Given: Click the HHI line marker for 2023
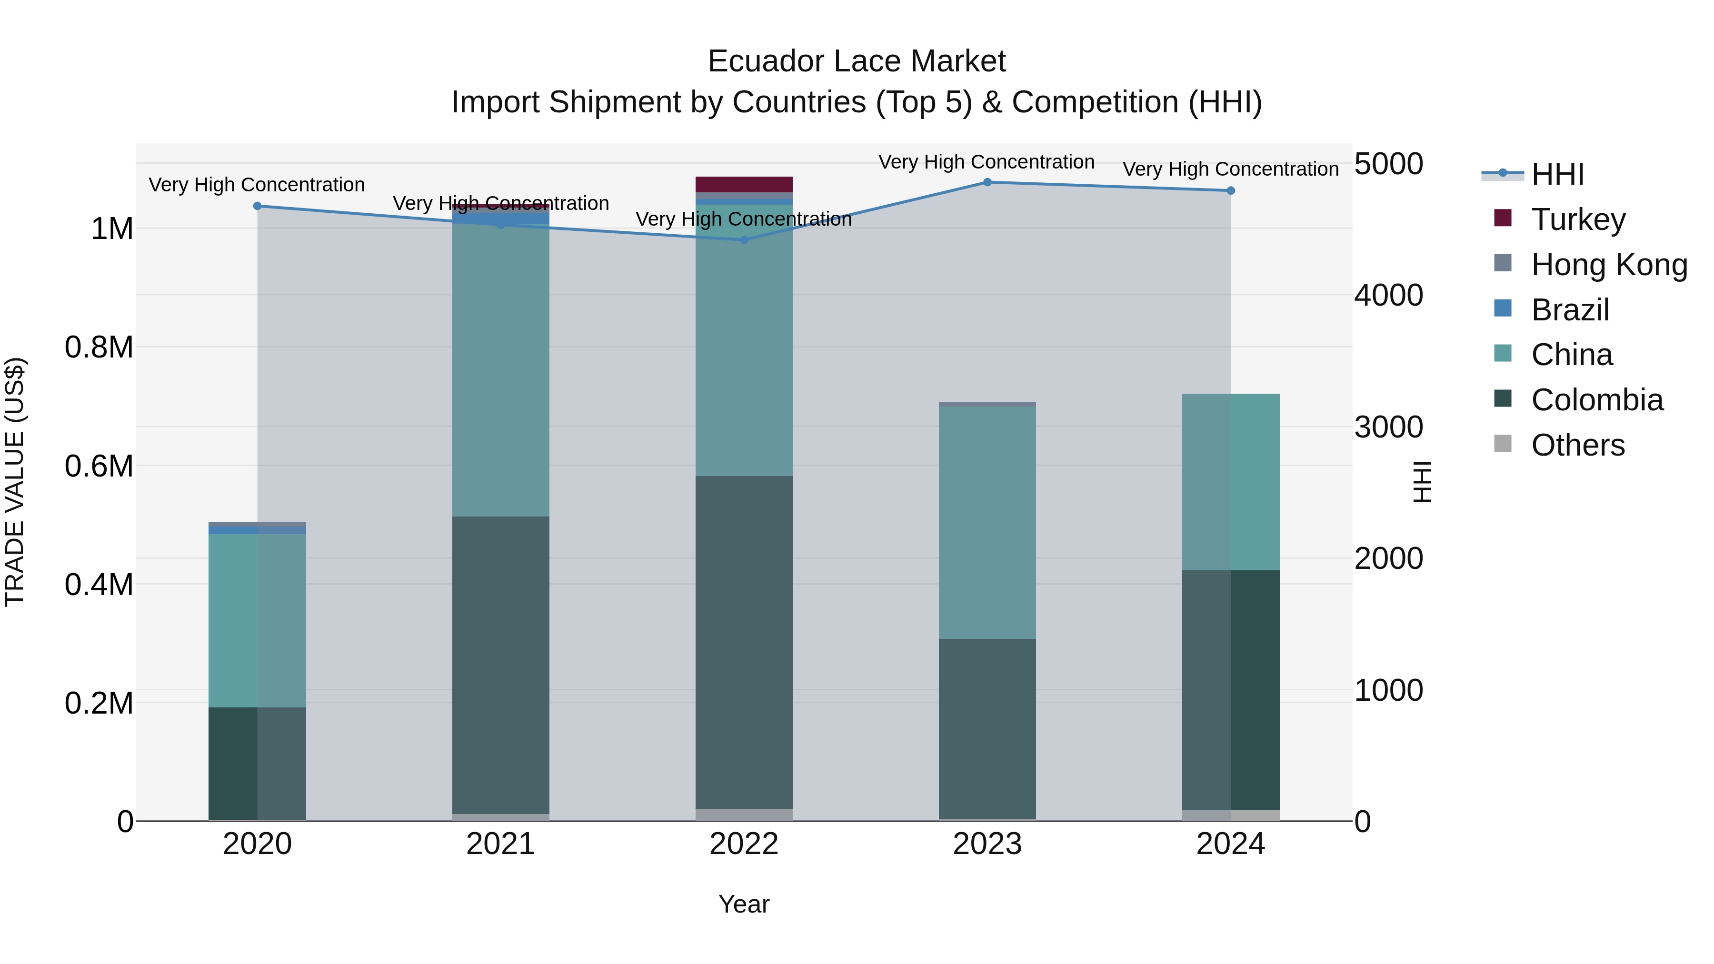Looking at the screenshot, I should click(987, 182).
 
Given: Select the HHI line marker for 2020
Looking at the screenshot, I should click(258, 206).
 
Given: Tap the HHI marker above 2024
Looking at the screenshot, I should click(1231, 191).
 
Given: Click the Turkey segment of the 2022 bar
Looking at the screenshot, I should click(744, 184).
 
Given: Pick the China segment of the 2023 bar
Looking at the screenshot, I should click(987, 522).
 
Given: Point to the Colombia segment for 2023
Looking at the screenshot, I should click(987, 728).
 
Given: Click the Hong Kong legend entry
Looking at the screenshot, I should click(1609, 265).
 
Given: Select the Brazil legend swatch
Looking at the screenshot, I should click(1503, 308).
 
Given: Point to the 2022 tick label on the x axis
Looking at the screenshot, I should click(744, 844).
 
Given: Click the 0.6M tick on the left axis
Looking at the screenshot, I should click(99, 466).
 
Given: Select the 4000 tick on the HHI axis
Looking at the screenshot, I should click(1389, 295).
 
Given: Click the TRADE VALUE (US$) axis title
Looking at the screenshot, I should click(15, 482).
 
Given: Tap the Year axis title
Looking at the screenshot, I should click(744, 904).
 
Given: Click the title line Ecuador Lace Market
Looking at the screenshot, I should click(857, 61).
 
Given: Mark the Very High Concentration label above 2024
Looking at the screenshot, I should click(1231, 169).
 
